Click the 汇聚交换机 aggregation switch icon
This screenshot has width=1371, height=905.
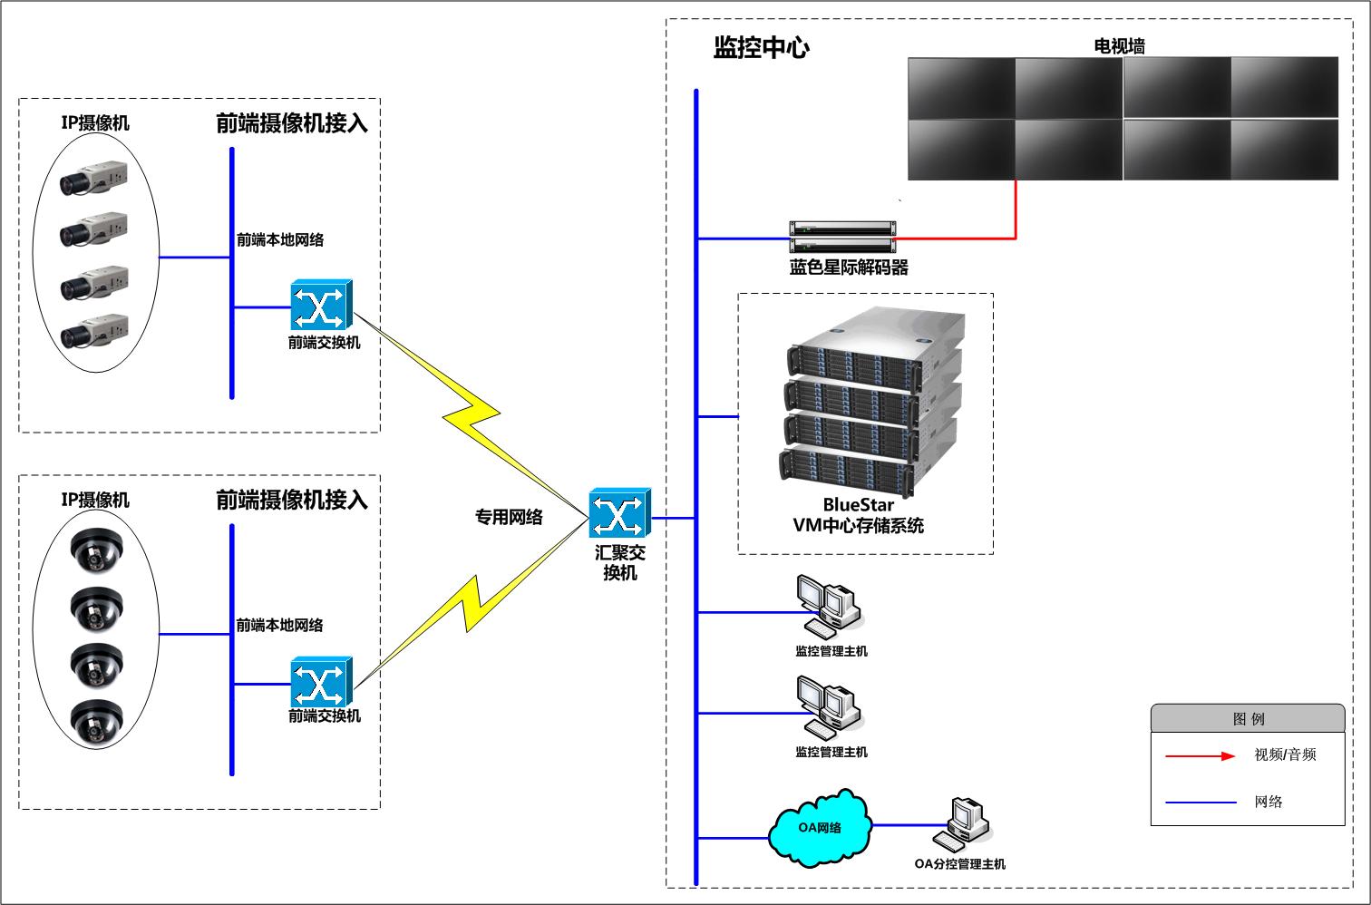620,513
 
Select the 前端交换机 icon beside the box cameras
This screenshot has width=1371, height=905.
321,307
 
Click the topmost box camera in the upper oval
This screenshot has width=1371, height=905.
93,179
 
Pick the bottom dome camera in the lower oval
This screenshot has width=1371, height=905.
97,723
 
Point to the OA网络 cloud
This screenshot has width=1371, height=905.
820,827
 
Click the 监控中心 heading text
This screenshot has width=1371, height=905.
761,48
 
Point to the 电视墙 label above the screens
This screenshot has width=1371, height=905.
1119,45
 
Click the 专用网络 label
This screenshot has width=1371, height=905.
509,517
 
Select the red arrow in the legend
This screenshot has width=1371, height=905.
1200,755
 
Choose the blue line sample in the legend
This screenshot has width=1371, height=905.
1201,803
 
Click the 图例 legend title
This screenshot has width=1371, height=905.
1248,719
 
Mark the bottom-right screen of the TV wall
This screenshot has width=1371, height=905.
1284,150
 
